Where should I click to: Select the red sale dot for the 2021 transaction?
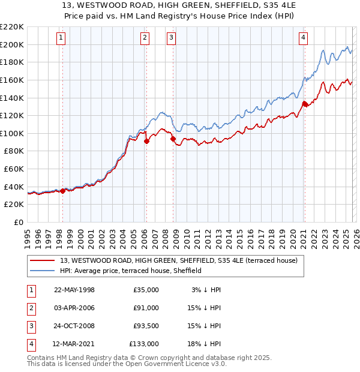click(304, 103)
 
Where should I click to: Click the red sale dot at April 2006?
click(146, 141)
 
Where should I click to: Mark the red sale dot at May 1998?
click(62, 191)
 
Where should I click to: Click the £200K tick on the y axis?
click(12, 44)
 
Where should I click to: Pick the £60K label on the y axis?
click(14, 169)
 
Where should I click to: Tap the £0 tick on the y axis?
click(19, 223)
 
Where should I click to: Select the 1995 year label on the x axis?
click(28, 237)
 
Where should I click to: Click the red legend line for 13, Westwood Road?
click(44, 260)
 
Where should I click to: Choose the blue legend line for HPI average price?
click(44, 271)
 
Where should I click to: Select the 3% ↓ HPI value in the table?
click(206, 290)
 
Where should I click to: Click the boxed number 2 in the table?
click(31, 308)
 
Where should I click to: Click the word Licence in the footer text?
click(193, 364)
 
